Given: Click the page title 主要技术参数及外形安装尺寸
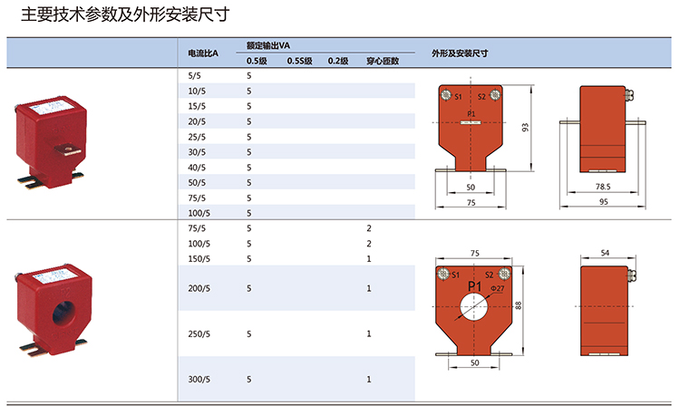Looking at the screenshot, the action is click(x=125, y=14).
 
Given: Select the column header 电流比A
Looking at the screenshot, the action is click(x=203, y=53).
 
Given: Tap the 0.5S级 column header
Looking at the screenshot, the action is click(x=300, y=61).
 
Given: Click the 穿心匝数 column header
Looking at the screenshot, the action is click(x=383, y=61).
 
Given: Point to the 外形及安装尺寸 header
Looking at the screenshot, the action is click(x=460, y=53).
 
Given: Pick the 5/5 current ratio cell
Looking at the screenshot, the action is click(x=194, y=76).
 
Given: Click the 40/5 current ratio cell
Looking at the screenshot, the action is click(x=197, y=168).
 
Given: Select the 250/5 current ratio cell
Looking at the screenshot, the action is click(x=199, y=334).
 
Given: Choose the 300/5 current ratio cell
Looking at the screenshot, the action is click(x=199, y=380).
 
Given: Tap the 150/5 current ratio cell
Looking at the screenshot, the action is click(x=199, y=259).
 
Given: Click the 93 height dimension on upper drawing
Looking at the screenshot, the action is click(x=525, y=128).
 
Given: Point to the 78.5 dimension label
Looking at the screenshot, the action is click(x=603, y=187).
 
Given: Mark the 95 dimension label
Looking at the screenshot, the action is click(x=604, y=202).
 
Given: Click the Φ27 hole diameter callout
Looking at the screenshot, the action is click(x=498, y=288).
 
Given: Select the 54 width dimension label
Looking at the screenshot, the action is click(x=605, y=253).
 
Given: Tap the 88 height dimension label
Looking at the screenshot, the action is click(x=519, y=305).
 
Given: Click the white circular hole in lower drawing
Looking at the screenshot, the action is click(x=473, y=306).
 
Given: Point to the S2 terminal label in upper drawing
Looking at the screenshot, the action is click(x=481, y=97).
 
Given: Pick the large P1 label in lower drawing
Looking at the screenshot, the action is click(x=475, y=286).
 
